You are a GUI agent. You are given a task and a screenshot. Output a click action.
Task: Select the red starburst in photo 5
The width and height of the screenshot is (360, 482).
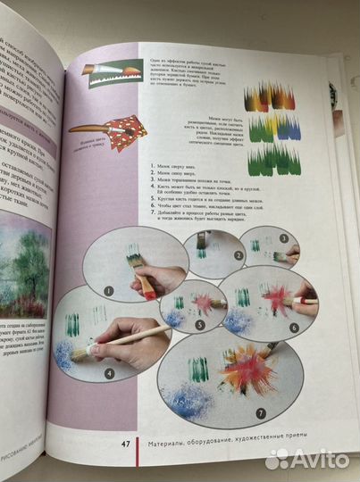point(205,303)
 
